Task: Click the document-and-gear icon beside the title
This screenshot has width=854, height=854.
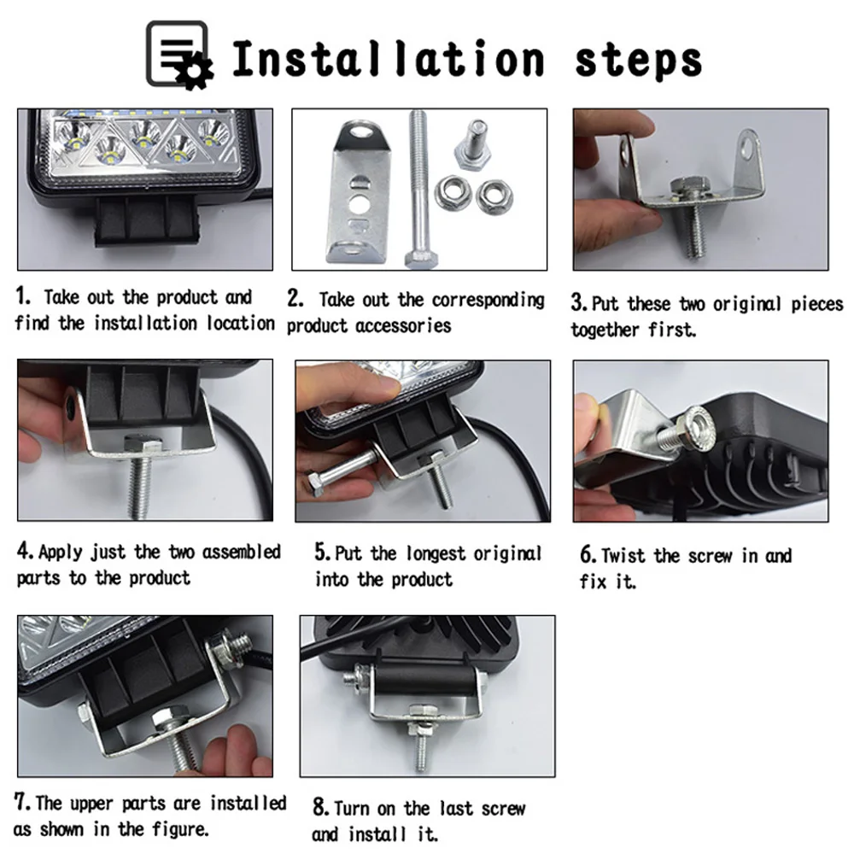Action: [x=179, y=55]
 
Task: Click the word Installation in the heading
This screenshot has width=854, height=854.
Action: [x=389, y=59]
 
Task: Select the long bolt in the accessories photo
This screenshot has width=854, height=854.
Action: [x=418, y=189]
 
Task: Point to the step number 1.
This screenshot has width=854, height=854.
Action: [x=22, y=295]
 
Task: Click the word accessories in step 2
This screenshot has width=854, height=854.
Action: [x=404, y=325]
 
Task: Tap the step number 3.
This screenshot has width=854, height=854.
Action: [x=578, y=303]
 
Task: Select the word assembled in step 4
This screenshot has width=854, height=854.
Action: [x=242, y=552]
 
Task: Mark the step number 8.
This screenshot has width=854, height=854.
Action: [x=320, y=808]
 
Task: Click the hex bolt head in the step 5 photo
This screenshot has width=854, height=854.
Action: [x=317, y=483]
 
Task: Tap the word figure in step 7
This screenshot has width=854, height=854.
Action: [x=179, y=830]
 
